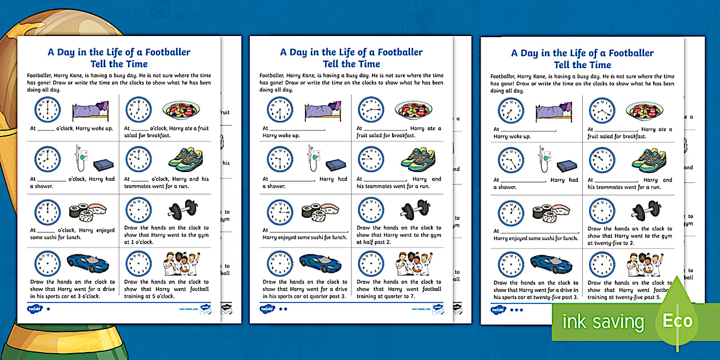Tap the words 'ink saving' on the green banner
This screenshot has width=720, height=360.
pyautogui.click(x=603, y=322)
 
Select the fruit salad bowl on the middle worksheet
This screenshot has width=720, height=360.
pyautogui.click(x=414, y=110)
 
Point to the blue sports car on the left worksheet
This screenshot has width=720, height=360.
pyautogui.click(x=89, y=263)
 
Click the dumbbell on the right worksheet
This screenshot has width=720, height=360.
pyautogui.click(x=645, y=210)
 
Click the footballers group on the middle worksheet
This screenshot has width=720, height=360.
pyautogui.click(x=414, y=263)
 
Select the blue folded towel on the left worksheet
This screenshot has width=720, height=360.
pyautogui.click(x=103, y=165)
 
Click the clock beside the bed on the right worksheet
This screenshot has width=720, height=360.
pyautogui.click(x=511, y=111)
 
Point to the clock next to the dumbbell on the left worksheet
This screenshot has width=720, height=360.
pyautogui.click(x=138, y=210)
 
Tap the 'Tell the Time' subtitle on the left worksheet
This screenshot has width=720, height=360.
pyautogui.click(x=119, y=64)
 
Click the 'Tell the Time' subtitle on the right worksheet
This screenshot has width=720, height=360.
pyautogui.click(x=582, y=65)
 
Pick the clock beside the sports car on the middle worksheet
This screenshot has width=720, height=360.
pyautogui.click(x=280, y=263)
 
